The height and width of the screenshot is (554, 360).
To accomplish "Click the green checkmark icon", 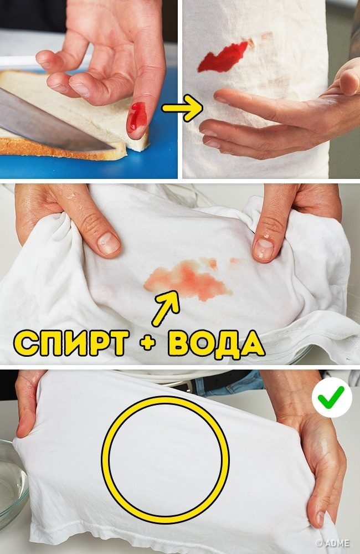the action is click(332, 397).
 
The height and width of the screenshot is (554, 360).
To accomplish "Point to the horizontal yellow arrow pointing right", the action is click(182, 108).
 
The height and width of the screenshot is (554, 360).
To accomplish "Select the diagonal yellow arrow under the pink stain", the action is click(165, 308).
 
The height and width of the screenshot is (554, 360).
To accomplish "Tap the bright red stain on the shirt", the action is click(223, 57).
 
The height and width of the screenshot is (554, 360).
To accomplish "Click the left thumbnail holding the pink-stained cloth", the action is click(108, 243).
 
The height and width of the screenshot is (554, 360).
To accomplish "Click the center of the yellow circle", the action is click(166, 460).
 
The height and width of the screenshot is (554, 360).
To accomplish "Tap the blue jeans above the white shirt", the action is click(230, 384).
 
